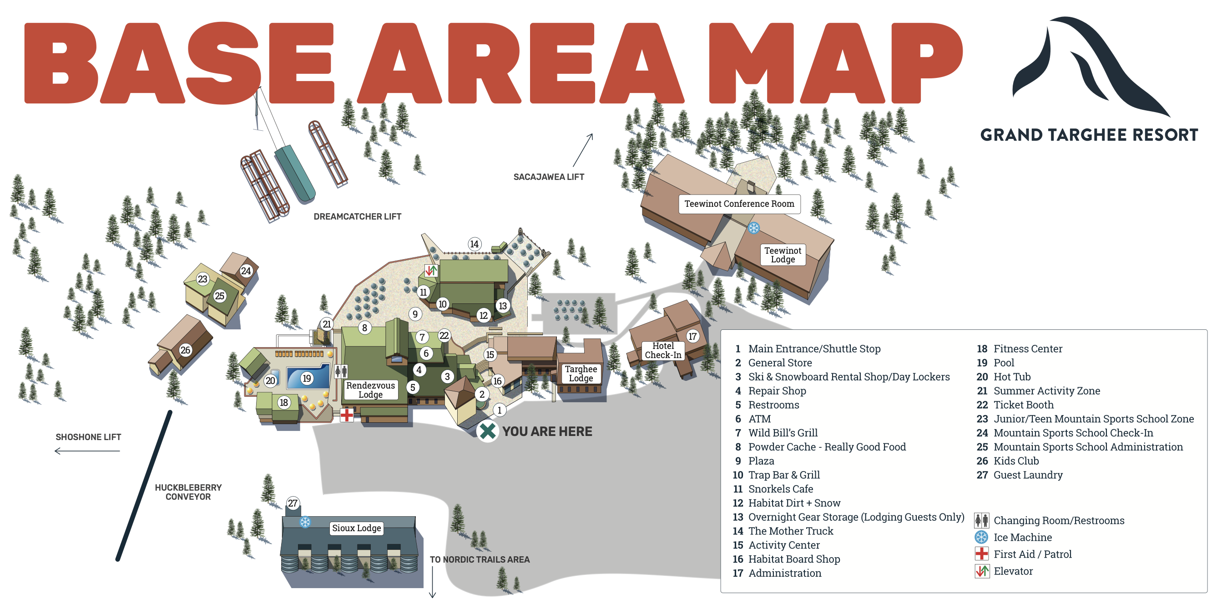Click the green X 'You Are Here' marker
(487, 431)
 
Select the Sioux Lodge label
(356, 528)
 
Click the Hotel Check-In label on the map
(663, 350)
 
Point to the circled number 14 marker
(474, 244)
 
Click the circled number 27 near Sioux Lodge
(293, 503)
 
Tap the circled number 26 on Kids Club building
(185, 350)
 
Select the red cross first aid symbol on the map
(347, 415)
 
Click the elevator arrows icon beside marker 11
(431, 271)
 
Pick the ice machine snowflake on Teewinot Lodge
(753, 228)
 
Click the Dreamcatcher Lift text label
(357, 216)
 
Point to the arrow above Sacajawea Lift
(583, 149)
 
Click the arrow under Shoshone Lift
(87, 451)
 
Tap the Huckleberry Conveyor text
(188, 492)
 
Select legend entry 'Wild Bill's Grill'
(783, 433)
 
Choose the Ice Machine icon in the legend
(981, 537)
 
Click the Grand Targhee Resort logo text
(1089, 135)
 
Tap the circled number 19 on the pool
(307, 379)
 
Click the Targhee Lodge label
(581, 373)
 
